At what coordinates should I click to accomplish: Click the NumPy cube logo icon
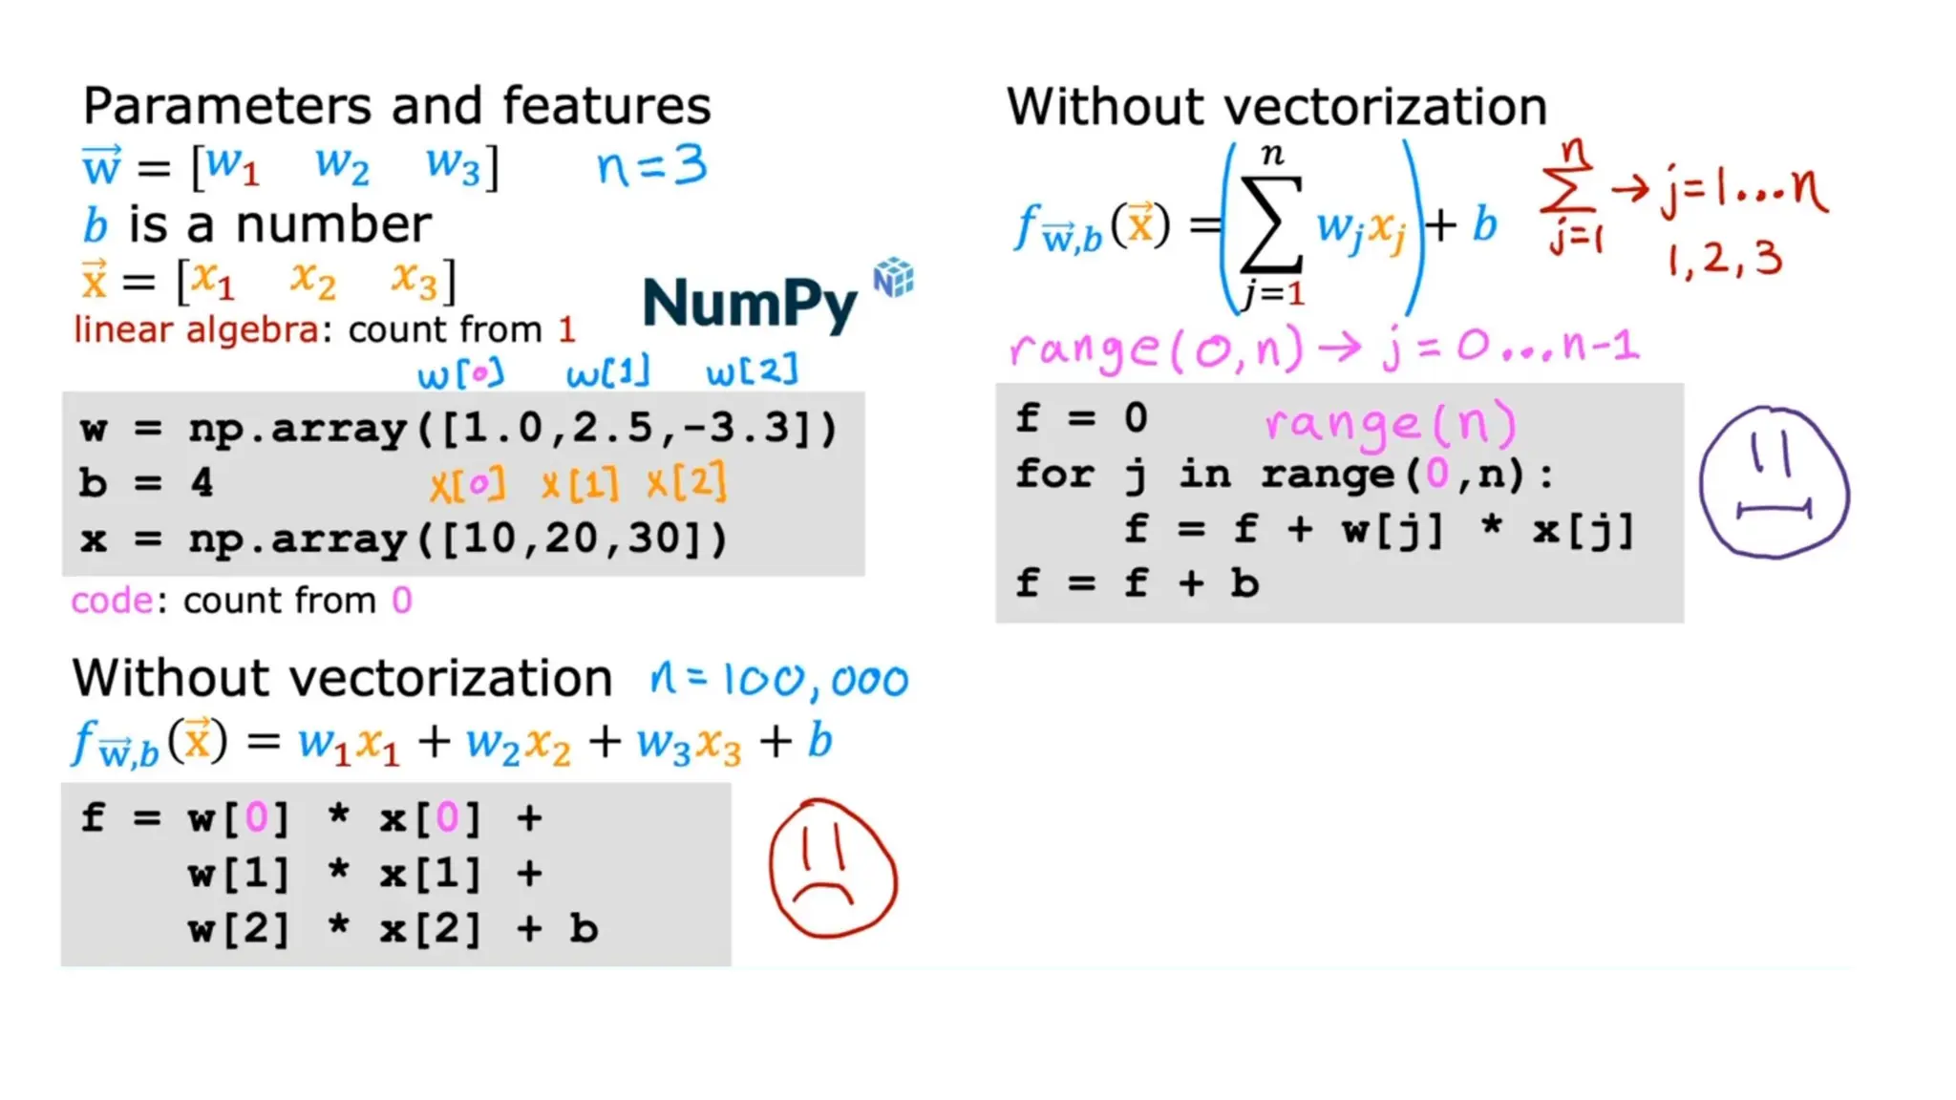point(894,278)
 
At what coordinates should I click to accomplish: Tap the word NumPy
point(750,304)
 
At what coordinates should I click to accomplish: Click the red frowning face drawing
point(833,869)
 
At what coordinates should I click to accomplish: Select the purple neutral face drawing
point(1775,482)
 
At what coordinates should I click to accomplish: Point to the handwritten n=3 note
point(651,166)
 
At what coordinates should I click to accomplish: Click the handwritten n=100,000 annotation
point(778,681)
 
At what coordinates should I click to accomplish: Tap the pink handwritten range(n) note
point(1390,424)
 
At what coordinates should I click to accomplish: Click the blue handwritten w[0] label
point(460,372)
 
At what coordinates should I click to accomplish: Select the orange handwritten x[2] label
point(687,483)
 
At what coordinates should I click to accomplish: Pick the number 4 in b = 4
point(202,483)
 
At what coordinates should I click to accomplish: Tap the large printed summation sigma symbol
point(1271,225)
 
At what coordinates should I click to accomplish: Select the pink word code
point(112,601)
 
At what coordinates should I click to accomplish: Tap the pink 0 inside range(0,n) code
point(1436,474)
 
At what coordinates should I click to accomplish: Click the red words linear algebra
point(196,330)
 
